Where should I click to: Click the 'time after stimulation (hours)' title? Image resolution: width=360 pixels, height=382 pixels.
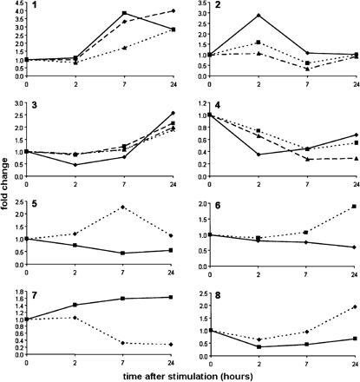pyautogui.click(x=190, y=373)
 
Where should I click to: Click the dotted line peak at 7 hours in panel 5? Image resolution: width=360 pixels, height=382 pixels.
pyautogui.click(x=125, y=207)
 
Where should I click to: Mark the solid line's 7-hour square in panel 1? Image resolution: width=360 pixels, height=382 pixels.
pyautogui.click(x=125, y=14)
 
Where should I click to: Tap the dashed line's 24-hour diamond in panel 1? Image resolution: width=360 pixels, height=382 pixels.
pyautogui.click(x=173, y=10)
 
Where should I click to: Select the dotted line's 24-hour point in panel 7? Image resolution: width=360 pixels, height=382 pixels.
pyautogui.click(x=173, y=345)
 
